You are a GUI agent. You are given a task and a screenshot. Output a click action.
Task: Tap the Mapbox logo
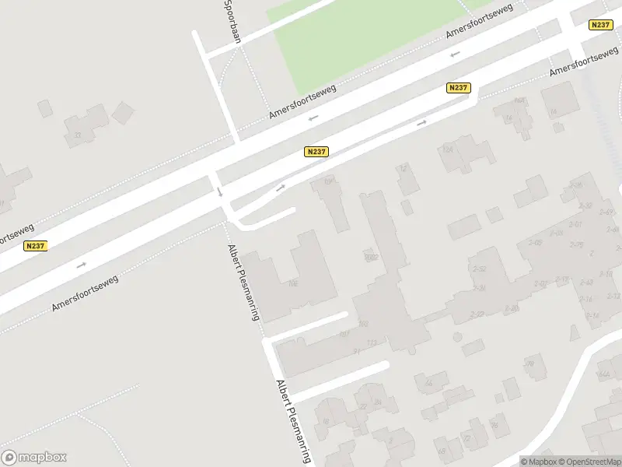[34, 458]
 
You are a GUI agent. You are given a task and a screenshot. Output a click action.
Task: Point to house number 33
[77, 135]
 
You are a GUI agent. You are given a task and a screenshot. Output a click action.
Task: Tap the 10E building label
[292, 283]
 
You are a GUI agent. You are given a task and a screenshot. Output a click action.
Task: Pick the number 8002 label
[370, 256]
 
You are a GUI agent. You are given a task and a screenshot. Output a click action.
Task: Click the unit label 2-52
[480, 269]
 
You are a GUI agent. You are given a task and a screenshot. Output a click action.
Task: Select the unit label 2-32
[585, 205]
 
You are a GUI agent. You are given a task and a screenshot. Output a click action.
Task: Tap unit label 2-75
[576, 245]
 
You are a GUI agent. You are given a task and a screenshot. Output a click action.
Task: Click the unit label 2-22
[477, 314]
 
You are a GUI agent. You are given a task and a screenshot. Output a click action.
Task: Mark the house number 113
[372, 342]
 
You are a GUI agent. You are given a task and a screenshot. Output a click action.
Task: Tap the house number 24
[377, 402]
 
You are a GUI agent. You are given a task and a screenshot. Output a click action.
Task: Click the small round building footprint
[457, 337]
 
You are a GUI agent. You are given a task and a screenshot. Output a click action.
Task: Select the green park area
[373, 39]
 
